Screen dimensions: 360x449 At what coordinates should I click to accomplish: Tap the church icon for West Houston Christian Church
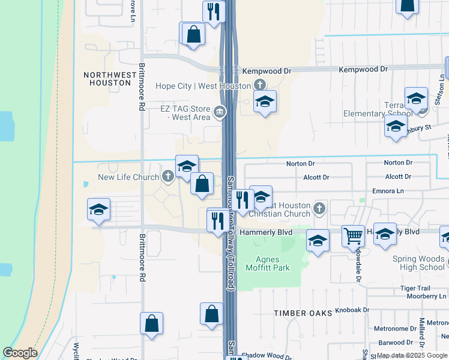pyautogui.click(x=319, y=209)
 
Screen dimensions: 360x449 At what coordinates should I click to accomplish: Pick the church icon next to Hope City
pyautogui.click(x=259, y=86)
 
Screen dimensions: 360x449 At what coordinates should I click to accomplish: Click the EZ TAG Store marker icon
pyautogui.click(x=220, y=111)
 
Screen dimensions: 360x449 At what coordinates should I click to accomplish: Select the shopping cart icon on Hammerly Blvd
pyautogui.click(x=353, y=235)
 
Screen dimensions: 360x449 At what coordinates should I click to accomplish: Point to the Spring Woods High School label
pyautogui.click(x=418, y=263)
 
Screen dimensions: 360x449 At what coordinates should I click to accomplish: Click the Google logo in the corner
pyautogui.click(x=20, y=353)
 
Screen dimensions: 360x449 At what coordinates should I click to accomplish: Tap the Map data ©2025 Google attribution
pyautogui.click(x=412, y=355)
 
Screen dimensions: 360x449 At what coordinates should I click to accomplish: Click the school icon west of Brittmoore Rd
pyautogui.click(x=98, y=209)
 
